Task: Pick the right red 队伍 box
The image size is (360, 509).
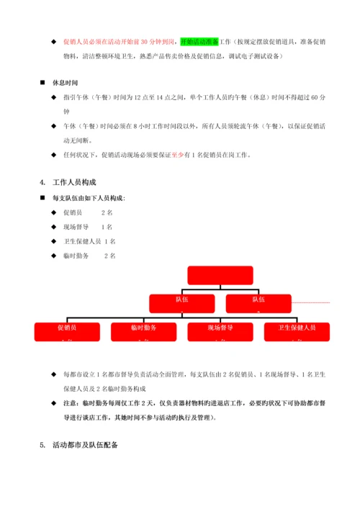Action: [258, 301]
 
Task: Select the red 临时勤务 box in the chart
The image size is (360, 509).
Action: [144, 330]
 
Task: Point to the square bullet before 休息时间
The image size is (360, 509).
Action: [50, 82]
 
